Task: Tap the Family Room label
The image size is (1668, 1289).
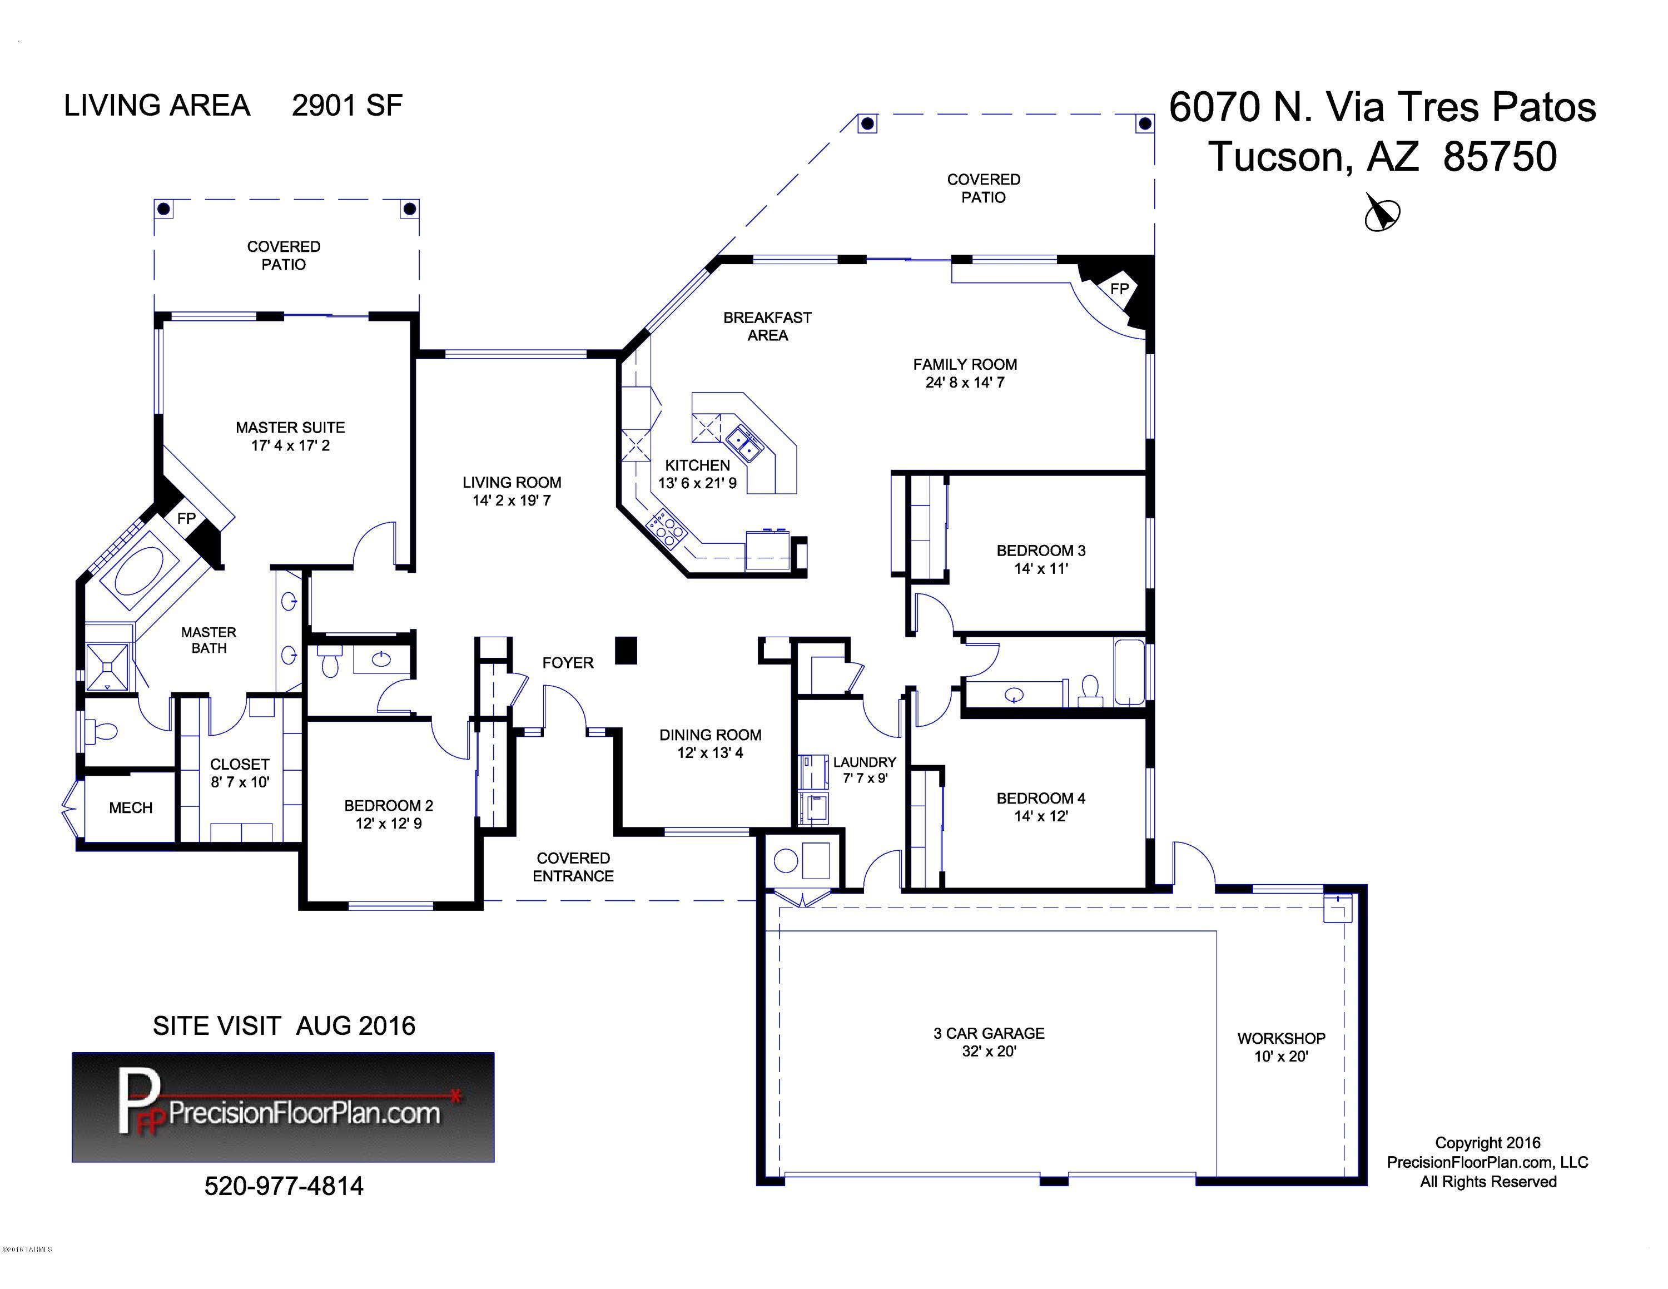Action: tap(965, 365)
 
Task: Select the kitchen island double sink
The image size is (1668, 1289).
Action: tap(743, 444)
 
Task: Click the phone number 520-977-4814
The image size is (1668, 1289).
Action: tap(284, 1186)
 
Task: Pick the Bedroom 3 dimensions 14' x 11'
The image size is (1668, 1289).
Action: tap(1040, 569)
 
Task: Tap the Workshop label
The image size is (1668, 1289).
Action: tap(1281, 1039)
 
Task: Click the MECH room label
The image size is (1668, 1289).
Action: tap(131, 808)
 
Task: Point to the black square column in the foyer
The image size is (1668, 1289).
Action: tap(626, 650)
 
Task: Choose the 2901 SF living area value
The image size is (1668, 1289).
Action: tap(347, 106)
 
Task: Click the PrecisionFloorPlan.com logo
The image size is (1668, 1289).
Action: tap(284, 1107)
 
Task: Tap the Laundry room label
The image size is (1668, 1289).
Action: tap(865, 762)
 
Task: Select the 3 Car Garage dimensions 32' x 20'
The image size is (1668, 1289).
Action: tap(989, 1052)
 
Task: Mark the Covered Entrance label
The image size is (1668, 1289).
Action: tap(573, 867)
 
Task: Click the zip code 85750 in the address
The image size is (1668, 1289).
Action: tap(1500, 157)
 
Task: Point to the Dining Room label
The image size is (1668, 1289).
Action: tap(710, 735)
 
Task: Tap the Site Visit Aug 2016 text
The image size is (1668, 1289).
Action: tap(284, 1025)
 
